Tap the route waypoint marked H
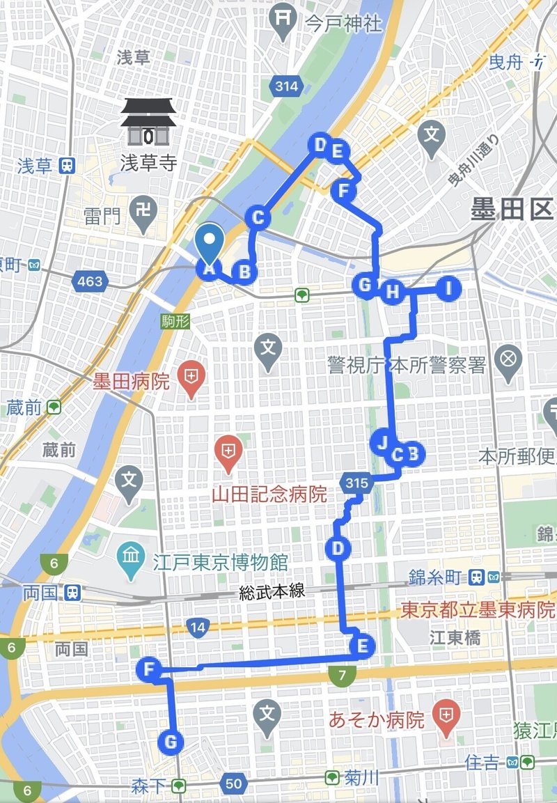tap(393, 291)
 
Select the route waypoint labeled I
tap(449, 288)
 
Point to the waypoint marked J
tap(382, 442)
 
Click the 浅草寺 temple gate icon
tap(147, 123)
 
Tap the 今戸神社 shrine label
tap(344, 23)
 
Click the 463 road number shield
tap(91, 281)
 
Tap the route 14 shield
tap(198, 627)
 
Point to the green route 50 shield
tap(234, 784)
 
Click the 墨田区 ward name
tap(512, 209)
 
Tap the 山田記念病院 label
tap(269, 494)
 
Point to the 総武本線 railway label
tap(271, 592)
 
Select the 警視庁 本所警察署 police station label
tap(407, 364)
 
